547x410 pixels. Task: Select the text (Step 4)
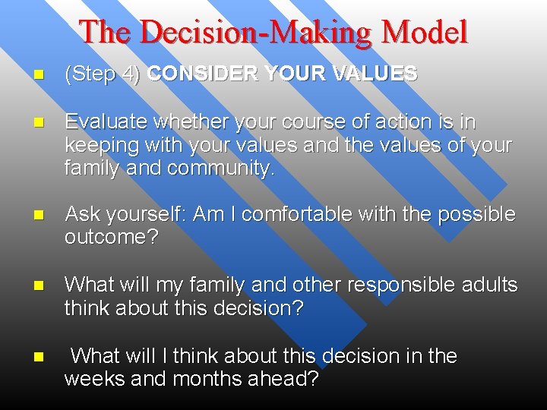click(x=103, y=74)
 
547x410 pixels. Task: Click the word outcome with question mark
click(x=111, y=238)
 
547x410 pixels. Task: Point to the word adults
click(x=492, y=285)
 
